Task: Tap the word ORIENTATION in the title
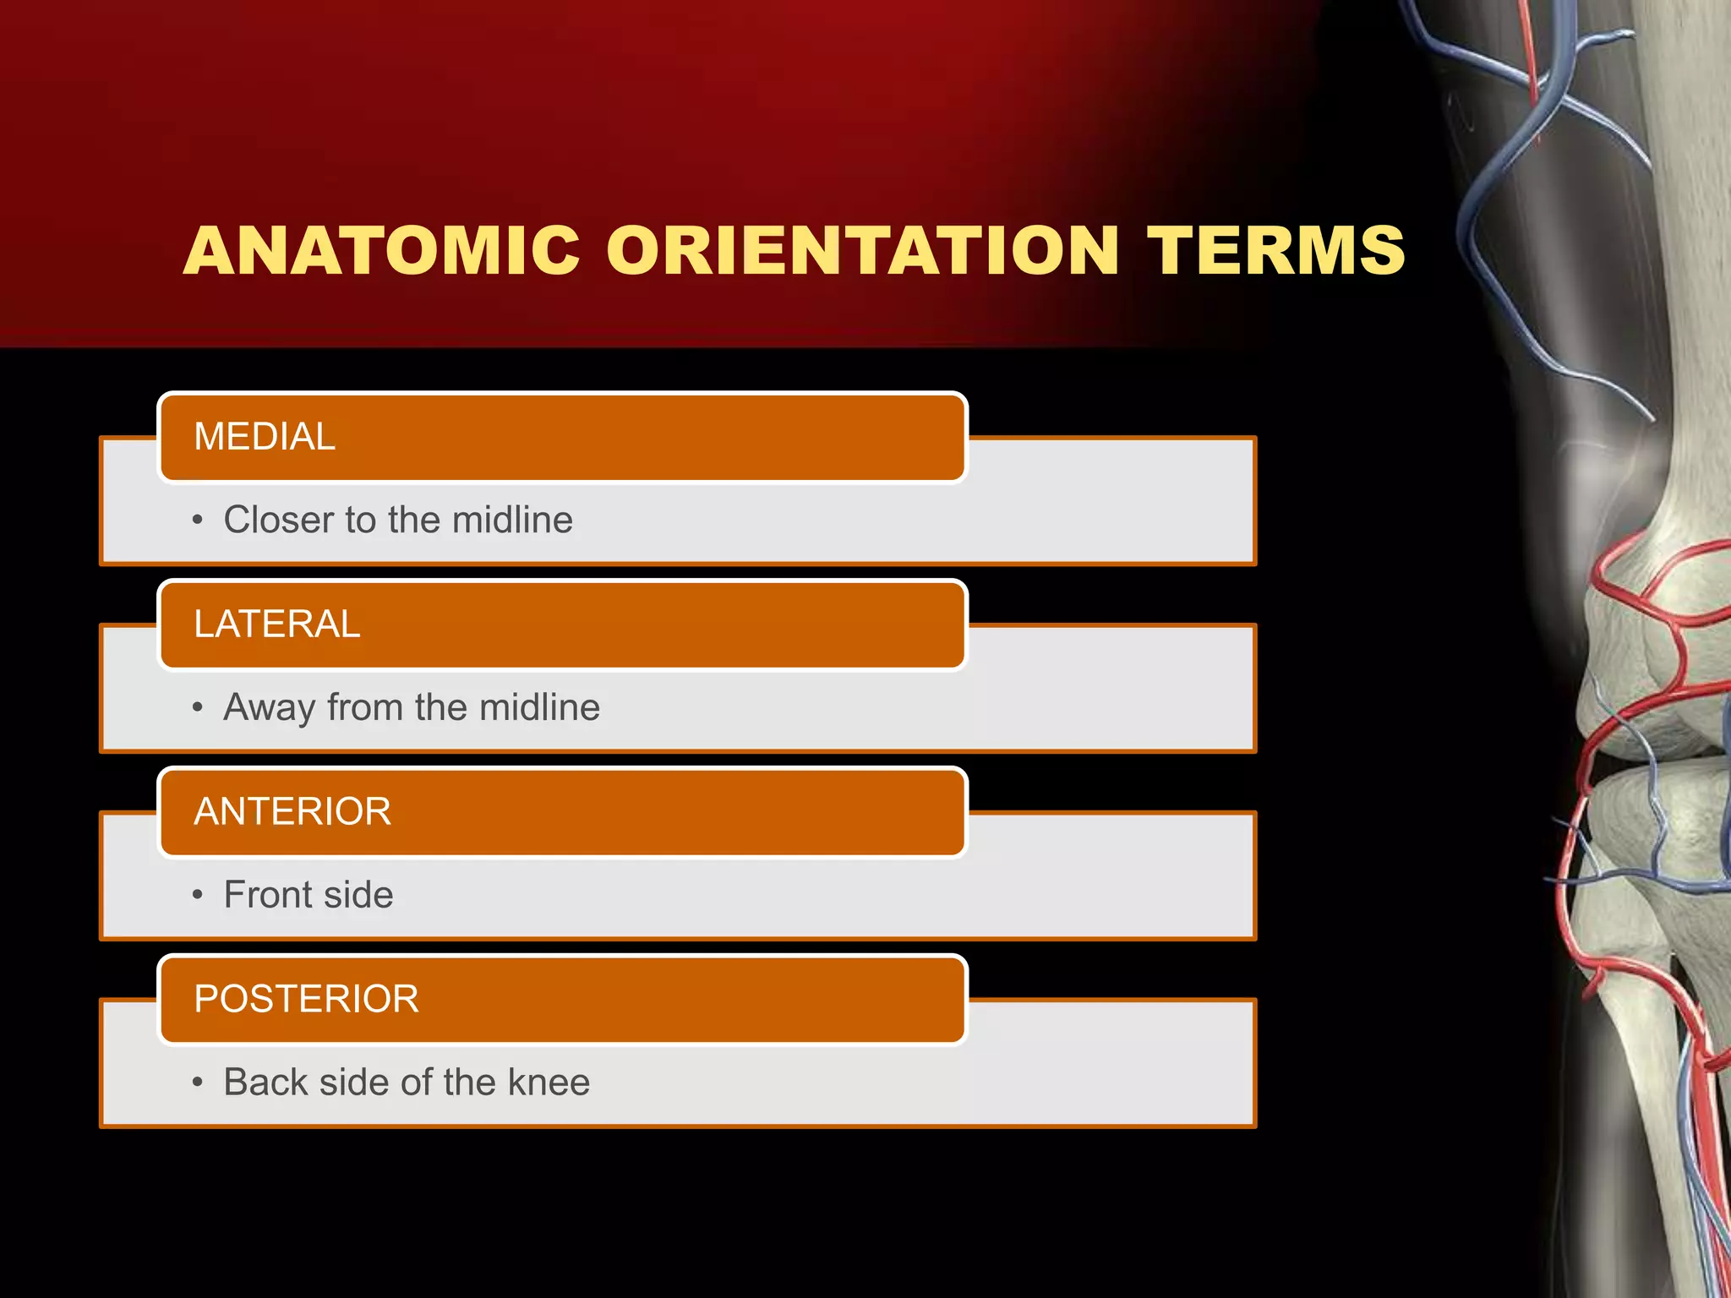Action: pyautogui.click(x=863, y=251)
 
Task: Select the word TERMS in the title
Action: pyautogui.click(x=1276, y=251)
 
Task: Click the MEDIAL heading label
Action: pyautogui.click(x=265, y=437)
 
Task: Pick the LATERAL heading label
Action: pyautogui.click(x=277, y=624)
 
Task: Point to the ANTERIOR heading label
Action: pyautogui.click(x=292, y=812)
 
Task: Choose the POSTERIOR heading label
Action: pyautogui.click(x=306, y=1000)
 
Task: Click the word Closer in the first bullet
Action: pyautogui.click(x=278, y=520)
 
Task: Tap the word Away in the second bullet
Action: pyautogui.click(x=270, y=708)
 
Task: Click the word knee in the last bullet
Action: pyautogui.click(x=549, y=1083)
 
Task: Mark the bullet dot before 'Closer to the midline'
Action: pyautogui.click(x=198, y=520)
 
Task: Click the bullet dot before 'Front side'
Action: pyautogui.click(x=198, y=895)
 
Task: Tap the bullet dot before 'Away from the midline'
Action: pyautogui.click(x=198, y=707)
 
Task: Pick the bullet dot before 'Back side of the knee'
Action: pyautogui.click(x=198, y=1083)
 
